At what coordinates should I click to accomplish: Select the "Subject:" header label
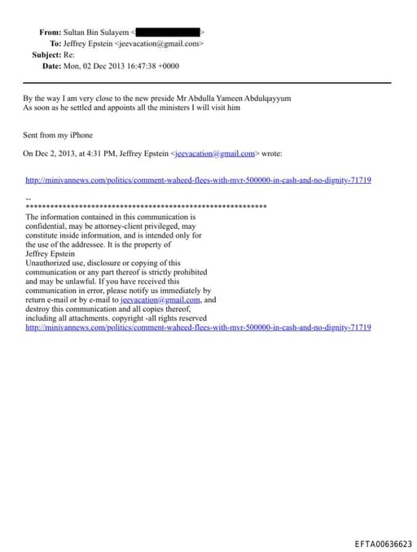point(46,55)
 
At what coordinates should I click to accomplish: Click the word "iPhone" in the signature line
point(80,135)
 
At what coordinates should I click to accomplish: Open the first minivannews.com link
point(198,180)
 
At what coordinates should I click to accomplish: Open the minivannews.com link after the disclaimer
point(198,327)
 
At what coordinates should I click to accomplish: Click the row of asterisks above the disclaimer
point(147,208)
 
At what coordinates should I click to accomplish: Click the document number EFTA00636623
point(384,544)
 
